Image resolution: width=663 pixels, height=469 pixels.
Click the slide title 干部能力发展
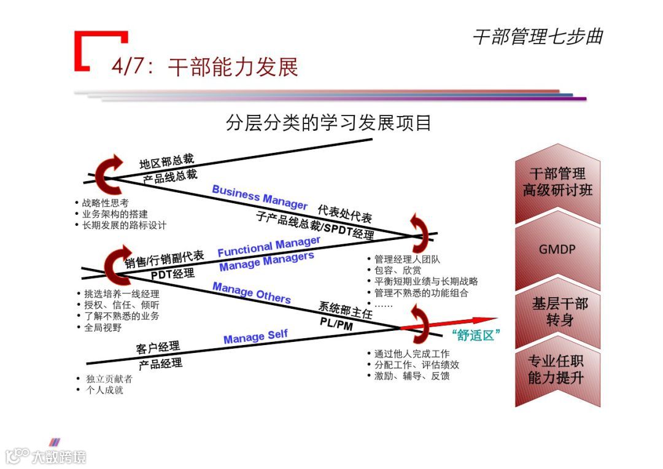pyautogui.click(x=233, y=67)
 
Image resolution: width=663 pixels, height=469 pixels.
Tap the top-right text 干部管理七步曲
pyautogui.click(x=537, y=37)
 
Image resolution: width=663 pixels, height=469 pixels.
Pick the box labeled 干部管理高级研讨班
pyautogui.click(x=557, y=182)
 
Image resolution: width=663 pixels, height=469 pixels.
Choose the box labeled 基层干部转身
pyautogui.click(x=557, y=311)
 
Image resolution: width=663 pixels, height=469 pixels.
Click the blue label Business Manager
pyautogui.click(x=259, y=196)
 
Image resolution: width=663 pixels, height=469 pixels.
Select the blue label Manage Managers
pyautogui.click(x=266, y=262)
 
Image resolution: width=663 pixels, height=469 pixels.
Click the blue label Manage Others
pyautogui.click(x=252, y=292)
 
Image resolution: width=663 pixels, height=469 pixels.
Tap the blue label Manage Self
pyautogui.click(x=255, y=337)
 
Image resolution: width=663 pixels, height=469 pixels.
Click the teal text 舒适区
pyautogui.click(x=476, y=335)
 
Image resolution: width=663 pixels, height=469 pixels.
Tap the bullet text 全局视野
pyautogui.click(x=103, y=327)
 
